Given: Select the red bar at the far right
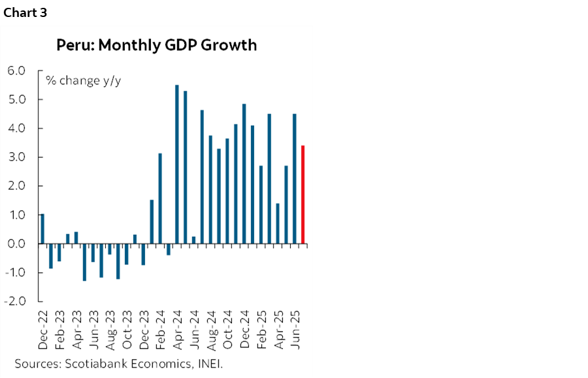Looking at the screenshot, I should [x=303, y=195].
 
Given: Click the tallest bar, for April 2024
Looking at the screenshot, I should [x=177, y=164].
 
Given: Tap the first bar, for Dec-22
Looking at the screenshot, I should [x=42, y=228].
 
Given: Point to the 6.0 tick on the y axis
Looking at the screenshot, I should [x=16, y=71].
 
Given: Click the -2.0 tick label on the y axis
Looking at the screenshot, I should [x=15, y=301].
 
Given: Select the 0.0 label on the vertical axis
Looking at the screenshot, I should [x=16, y=244].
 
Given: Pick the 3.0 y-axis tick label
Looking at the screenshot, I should [x=16, y=157].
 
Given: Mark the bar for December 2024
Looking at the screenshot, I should [x=244, y=174].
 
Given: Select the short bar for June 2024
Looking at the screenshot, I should [x=194, y=240].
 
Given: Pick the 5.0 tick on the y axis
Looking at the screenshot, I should [x=16, y=99].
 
